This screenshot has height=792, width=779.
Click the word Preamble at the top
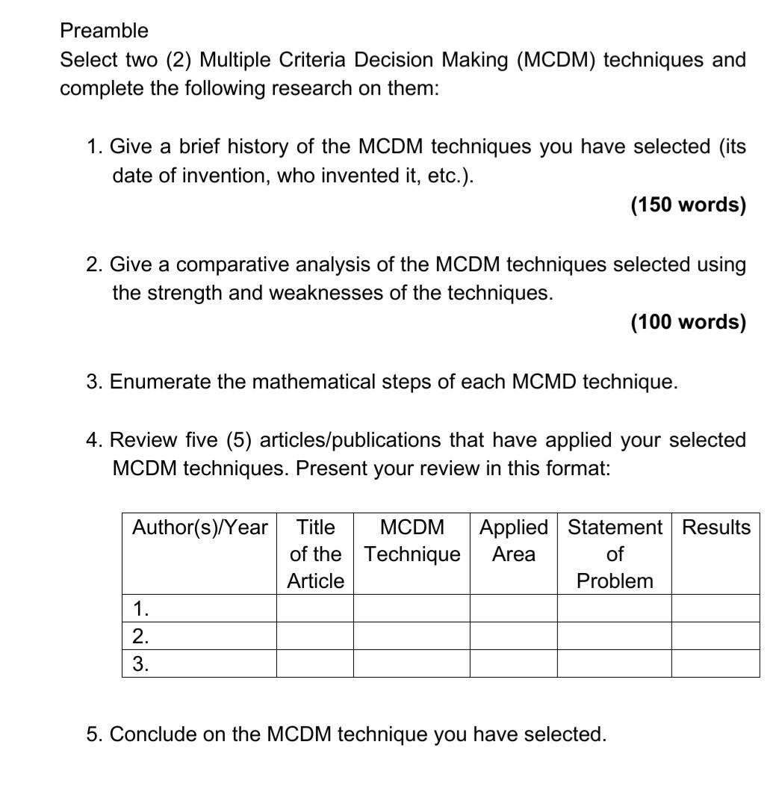(104, 31)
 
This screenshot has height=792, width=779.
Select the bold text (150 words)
(688, 205)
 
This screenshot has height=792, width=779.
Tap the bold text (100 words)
(688, 322)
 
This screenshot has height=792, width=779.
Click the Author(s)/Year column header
(199, 528)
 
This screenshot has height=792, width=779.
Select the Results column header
(716, 528)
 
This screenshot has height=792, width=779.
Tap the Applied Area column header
(513, 541)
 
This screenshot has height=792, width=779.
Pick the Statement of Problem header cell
(614, 554)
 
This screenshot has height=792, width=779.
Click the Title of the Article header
(315, 554)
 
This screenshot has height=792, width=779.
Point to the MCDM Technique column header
(412, 541)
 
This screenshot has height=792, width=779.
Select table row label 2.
(140, 636)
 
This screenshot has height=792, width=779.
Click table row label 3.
(140, 663)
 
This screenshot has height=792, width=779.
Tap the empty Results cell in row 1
(715, 608)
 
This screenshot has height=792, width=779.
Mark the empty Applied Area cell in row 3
(513, 663)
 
